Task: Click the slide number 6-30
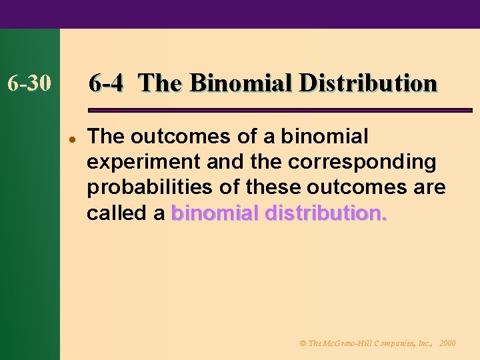point(29,84)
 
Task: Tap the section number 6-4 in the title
point(106,83)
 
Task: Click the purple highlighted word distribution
point(326,213)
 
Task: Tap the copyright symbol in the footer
point(302,343)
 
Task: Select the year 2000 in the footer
point(447,343)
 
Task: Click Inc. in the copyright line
point(425,343)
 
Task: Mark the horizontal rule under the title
point(280,109)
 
